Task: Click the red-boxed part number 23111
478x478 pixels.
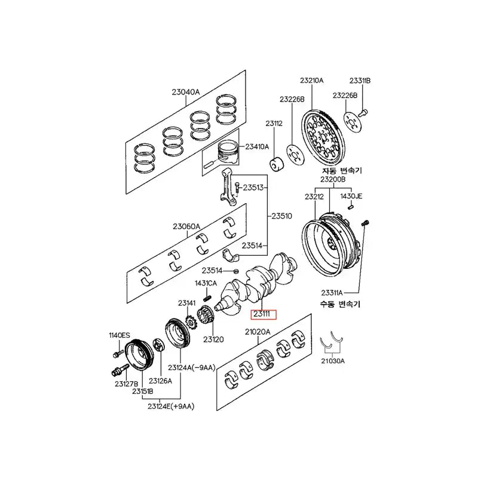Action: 262,313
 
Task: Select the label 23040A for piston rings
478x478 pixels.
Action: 186,92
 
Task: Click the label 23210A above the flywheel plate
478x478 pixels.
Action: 311,80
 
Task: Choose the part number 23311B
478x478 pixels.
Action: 360,80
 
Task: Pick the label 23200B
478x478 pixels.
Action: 332,179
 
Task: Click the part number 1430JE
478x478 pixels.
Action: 352,196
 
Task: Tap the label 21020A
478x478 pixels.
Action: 258,332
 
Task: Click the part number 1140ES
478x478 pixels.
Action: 119,335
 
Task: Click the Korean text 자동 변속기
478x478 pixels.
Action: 342,170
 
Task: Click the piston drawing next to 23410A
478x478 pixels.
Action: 226,153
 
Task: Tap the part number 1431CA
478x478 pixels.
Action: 206,283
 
